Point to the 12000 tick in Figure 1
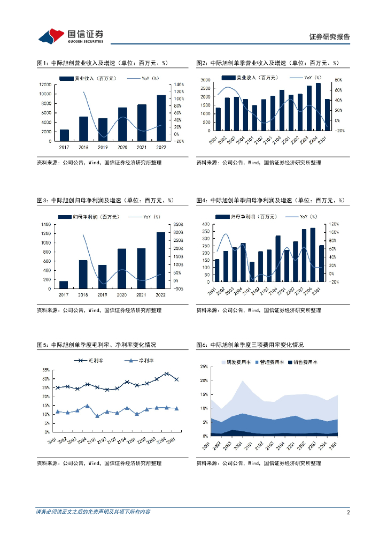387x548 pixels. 46,85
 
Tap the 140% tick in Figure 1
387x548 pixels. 179,85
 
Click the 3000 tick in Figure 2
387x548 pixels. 205,80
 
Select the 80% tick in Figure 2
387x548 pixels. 338,80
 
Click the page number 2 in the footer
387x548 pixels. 348,512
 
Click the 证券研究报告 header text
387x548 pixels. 330,37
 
